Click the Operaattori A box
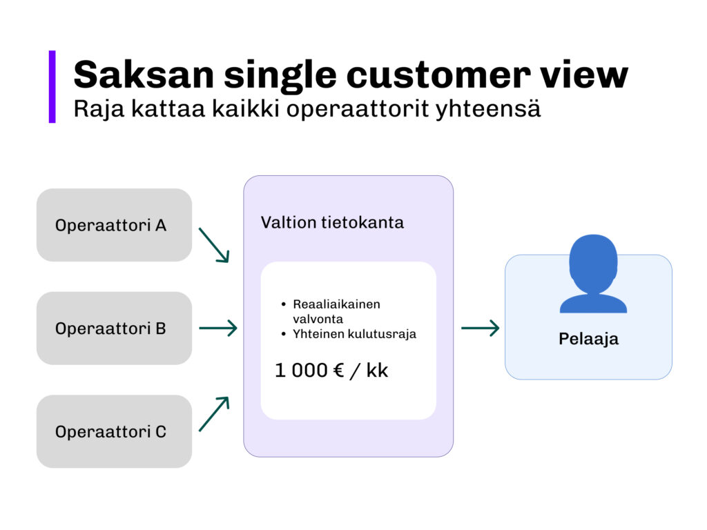click(x=114, y=225)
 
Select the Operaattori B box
click(x=114, y=328)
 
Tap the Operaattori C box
click(x=114, y=432)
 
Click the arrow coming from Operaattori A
click(x=213, y=245)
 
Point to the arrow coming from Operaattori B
click(x=217, y=328)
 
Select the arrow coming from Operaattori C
click(x=213, y=414)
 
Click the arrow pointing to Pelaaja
click(x=480, y=328)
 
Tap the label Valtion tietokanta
click(x=331, y=223)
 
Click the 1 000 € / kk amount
click(x=331, y=371)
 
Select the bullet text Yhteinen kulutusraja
click(x=354, y=334)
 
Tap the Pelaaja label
click(x=588, y=340)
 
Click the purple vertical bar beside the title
click(x=52, y=87)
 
